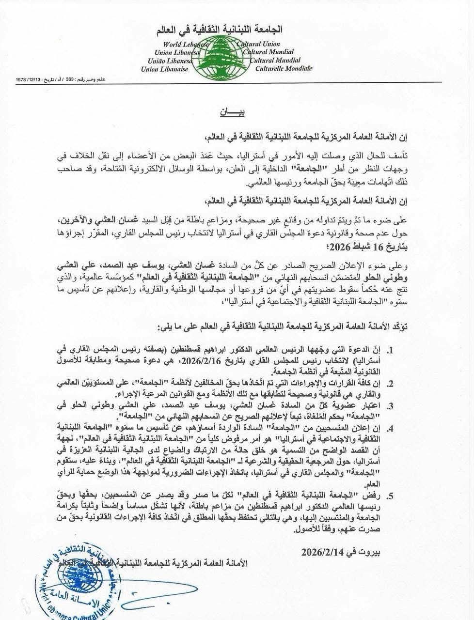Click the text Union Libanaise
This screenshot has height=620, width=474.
[x=167, y=69]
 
